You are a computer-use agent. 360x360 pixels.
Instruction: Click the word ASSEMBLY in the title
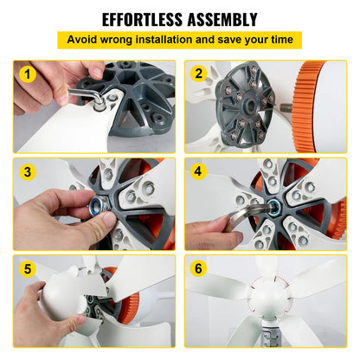click(220, 19)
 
